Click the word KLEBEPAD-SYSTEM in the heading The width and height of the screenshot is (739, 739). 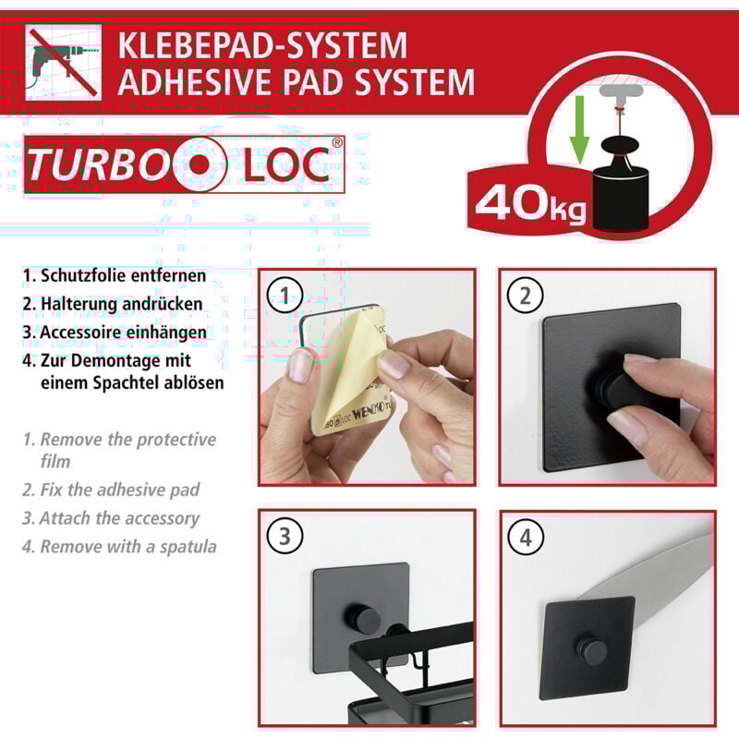[261, 45]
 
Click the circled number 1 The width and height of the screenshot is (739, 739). [285, 295]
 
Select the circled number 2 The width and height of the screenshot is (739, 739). [525, 296]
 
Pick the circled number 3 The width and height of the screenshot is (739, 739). [285, 536]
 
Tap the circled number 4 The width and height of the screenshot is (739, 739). [525, 537]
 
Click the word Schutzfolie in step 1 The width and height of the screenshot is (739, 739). [86, 276]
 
